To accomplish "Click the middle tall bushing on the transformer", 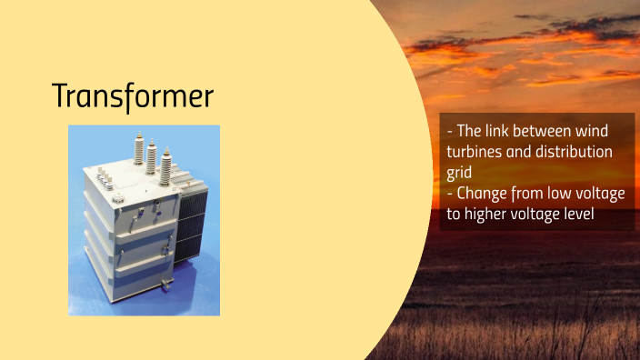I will [152, 156].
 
